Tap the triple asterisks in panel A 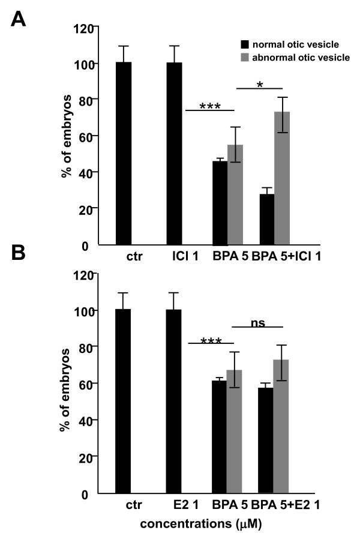[209, 106]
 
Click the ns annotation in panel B [257, 322]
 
